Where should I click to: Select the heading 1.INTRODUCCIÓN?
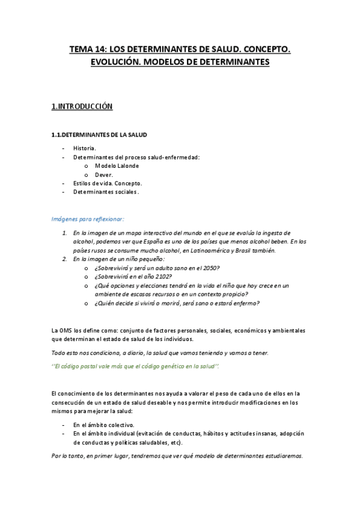click(82, 106)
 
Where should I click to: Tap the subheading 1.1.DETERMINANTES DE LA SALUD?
click(99, 135)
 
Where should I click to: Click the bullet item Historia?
click(84, 148)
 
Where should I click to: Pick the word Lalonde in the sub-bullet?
click(126, 165)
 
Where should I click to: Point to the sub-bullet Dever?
click(104, 174)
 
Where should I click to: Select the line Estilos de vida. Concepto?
click(108, 183)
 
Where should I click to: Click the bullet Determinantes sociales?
click(106, 192)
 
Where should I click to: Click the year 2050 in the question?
click(211, 268)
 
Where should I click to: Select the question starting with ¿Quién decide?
click(177, 304)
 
